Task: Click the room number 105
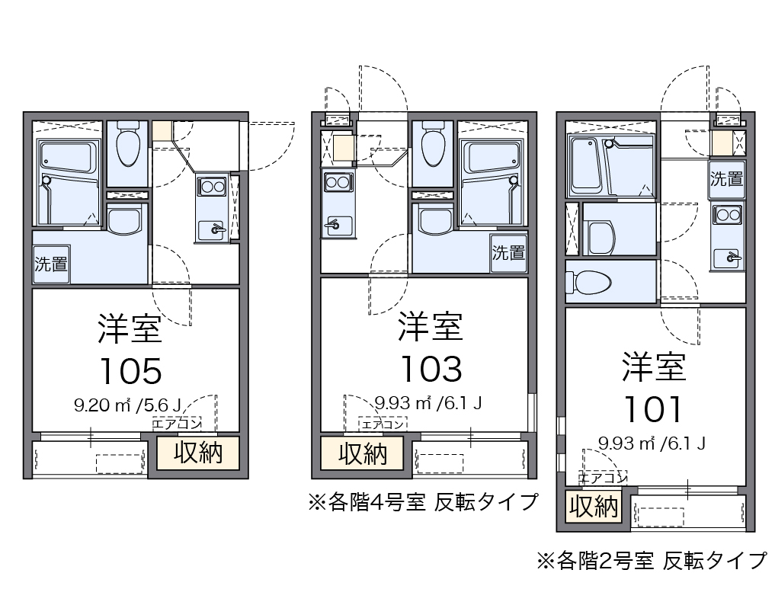(130, 371)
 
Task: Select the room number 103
(431, 369)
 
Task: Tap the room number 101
(653, 410)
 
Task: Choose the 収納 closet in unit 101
(593, 506)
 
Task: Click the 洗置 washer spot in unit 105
(52, 264)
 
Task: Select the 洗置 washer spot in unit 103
(508, 252)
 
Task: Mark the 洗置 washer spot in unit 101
(726, 180)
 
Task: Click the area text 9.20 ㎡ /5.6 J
(128, 405)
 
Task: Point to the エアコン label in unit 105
(177, 424)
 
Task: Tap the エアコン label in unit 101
(602, 478)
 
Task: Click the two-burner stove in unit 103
(337, 182)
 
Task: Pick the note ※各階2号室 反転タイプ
(652, 561)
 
